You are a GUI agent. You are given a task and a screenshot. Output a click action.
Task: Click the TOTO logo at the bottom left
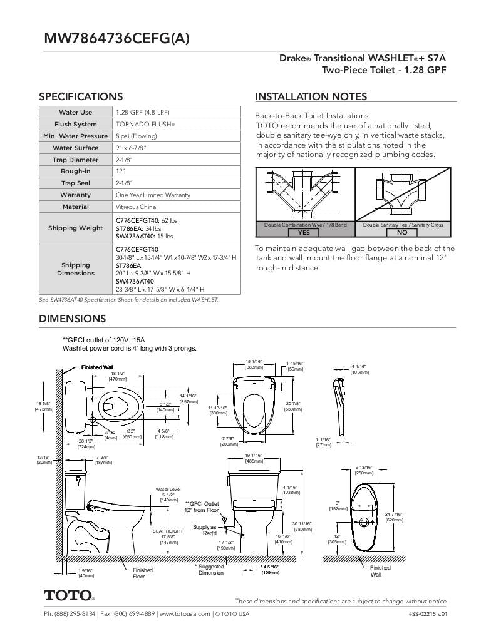(69, 595)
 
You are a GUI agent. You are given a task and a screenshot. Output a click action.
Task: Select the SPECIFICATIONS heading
(81, 96)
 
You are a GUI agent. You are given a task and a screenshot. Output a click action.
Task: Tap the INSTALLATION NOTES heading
(311, 96)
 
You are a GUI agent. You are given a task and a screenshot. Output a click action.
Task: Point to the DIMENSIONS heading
(73, 319)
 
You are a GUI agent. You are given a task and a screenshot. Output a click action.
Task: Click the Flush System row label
(76, 124)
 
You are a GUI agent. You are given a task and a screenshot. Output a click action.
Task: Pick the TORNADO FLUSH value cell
(145, 124)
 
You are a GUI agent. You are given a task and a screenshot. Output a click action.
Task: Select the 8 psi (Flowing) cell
(136, 136)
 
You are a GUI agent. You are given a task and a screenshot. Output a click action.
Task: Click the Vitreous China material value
(136, 207)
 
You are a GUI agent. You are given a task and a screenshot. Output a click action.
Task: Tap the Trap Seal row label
(76, 183)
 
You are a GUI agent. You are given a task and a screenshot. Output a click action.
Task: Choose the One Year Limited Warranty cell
(153, 195)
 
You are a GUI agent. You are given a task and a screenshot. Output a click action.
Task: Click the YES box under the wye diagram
(304, 232)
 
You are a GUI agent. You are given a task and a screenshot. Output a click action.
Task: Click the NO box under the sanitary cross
(402, 232)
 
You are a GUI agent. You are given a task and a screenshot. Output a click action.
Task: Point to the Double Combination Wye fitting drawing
(304, 194)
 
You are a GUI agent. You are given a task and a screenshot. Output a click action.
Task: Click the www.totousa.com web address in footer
(185, 614)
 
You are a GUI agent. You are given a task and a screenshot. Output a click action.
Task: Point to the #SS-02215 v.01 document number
(427, 614)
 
